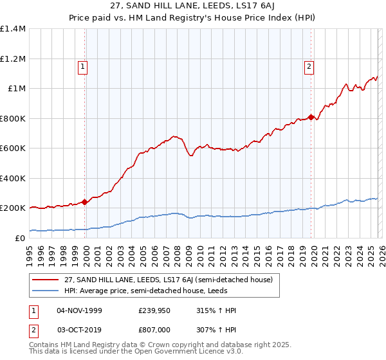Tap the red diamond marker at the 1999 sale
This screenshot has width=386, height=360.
coord(85,202)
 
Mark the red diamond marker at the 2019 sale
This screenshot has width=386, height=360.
coord(311,117)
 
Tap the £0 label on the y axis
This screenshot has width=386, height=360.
coord(19,238)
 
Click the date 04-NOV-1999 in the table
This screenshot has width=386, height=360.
coord(79,310)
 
